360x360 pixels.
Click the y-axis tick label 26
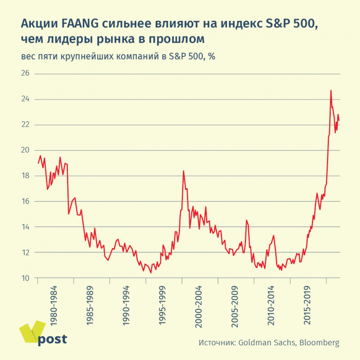pyautogui.click(x=25, y=74)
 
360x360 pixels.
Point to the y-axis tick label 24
pyautogui.click(x=25, y=99)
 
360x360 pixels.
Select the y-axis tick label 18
pyautogui.click(x=25, y=176)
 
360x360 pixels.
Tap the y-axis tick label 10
pyautogui.click(x=25, y=278)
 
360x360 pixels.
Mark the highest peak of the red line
pyautogui.click(x=331, y=90)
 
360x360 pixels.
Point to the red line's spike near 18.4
pyautogui.click(x=183, y=171)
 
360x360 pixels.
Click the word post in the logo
pyautogui.click(x=52, y=339)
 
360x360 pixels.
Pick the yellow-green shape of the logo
pyautogui.click(x=30, y=332)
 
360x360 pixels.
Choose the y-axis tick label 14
pyautogui.click(x=25, y=227)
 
